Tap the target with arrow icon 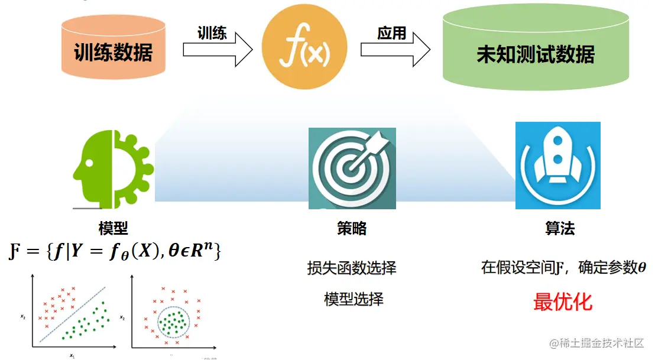(352, 168)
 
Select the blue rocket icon (557, 166)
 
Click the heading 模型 (114, 228)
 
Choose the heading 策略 (352, 228)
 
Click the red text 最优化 (562, 301)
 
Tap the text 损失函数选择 (352, 268)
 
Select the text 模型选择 (354, 299)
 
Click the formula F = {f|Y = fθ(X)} (116, 252)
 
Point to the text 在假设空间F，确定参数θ (563, 267)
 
